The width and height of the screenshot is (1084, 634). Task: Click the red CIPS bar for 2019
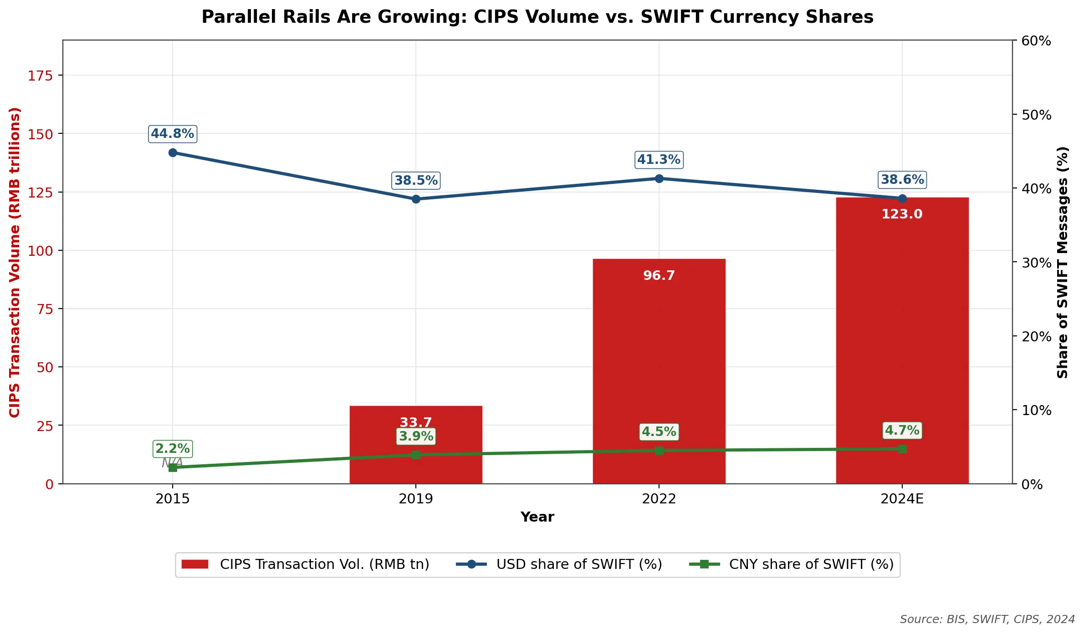(415, 469)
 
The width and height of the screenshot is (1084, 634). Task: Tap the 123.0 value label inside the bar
(901, 214)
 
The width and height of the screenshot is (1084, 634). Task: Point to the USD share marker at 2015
(173, 152)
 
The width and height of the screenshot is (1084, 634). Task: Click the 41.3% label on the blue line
(659, 160)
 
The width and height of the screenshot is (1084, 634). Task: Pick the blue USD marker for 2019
(415, 199)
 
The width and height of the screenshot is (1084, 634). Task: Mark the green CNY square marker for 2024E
(902, 449)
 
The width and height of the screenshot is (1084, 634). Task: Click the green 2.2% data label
(173, 449)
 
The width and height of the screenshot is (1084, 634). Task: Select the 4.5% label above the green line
(659, 431)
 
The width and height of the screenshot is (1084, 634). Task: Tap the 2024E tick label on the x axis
(902, 499)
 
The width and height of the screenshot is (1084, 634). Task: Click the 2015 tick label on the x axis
(173, 499)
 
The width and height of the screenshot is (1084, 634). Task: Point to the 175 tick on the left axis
(40, 76)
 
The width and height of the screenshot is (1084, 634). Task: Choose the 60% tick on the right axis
(1036, 41)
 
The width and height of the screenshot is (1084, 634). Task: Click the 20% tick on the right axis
(1036, 337)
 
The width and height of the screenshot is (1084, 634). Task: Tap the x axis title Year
(537, 517)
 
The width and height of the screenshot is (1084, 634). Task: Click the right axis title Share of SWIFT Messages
(1062, 262)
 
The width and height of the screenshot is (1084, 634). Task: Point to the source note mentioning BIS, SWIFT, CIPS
(987, 619)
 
